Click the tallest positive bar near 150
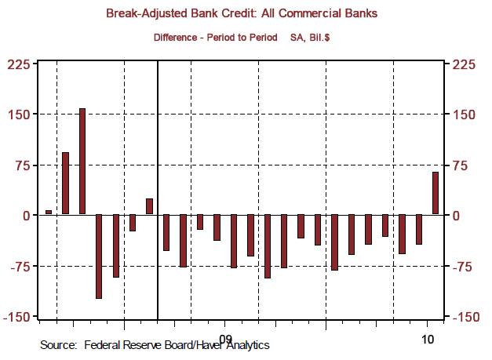point(82,161)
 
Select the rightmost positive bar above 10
point(435,193)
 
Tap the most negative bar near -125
point(99,256)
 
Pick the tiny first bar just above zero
point(49,212)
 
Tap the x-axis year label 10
point(428,338)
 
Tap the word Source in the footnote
point(58,345)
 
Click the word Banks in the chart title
point(356,14)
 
